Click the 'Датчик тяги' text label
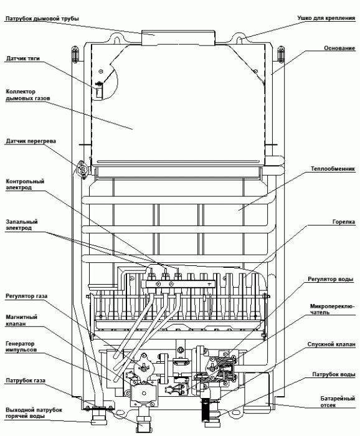pyautogui.click(x=23, y=59)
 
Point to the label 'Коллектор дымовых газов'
pyautogui.click(x=28, y=94)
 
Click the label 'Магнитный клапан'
pyautogui.click(x=22, y=320)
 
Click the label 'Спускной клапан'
pyautogui.click(x=331, y=343)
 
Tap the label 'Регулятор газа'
pyautogui.click(x=27, y=296)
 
